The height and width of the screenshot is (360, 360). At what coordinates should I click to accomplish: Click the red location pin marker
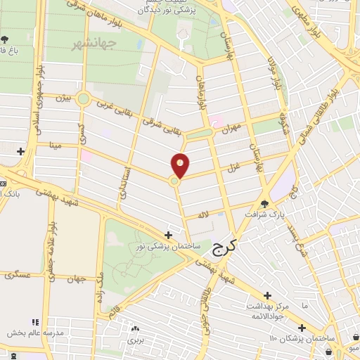pyautogui.click(x=181, y=165)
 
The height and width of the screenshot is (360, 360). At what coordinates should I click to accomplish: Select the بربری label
pyautogui.click(x=135, y=340)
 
